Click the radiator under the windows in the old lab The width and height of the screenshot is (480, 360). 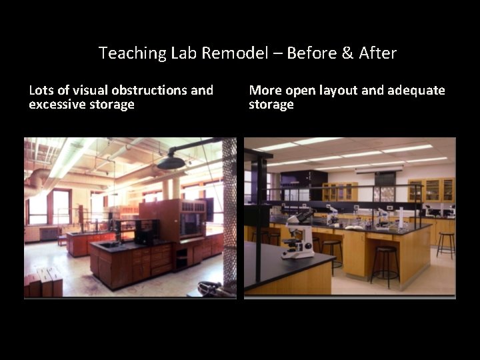click(x=49, y=233)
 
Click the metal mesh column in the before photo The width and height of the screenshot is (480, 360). click(x=230, y=213)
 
